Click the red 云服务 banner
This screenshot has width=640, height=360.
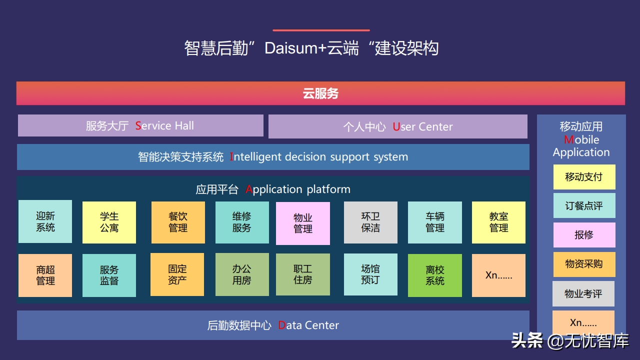320,93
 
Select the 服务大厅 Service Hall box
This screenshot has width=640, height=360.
140,125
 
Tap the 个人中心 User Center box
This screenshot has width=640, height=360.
397,126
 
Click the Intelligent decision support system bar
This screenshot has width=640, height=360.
273,157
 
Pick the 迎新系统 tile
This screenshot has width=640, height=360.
45,221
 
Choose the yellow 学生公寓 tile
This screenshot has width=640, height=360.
109,222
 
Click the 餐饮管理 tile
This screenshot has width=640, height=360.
178,222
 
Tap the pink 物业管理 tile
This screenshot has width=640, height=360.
303,223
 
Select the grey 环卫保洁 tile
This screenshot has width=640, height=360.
370,222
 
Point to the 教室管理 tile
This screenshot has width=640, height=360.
498,222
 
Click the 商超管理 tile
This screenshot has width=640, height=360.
45,275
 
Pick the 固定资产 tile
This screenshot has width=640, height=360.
177,274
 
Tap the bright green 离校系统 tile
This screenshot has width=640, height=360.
435,275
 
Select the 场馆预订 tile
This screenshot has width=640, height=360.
370,274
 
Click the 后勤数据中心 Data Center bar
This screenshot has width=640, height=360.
273,325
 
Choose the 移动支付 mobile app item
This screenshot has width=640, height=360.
584,177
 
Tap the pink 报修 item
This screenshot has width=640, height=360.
584,235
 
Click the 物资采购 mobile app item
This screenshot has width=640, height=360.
584,264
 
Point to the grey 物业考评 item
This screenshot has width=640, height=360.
583,293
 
